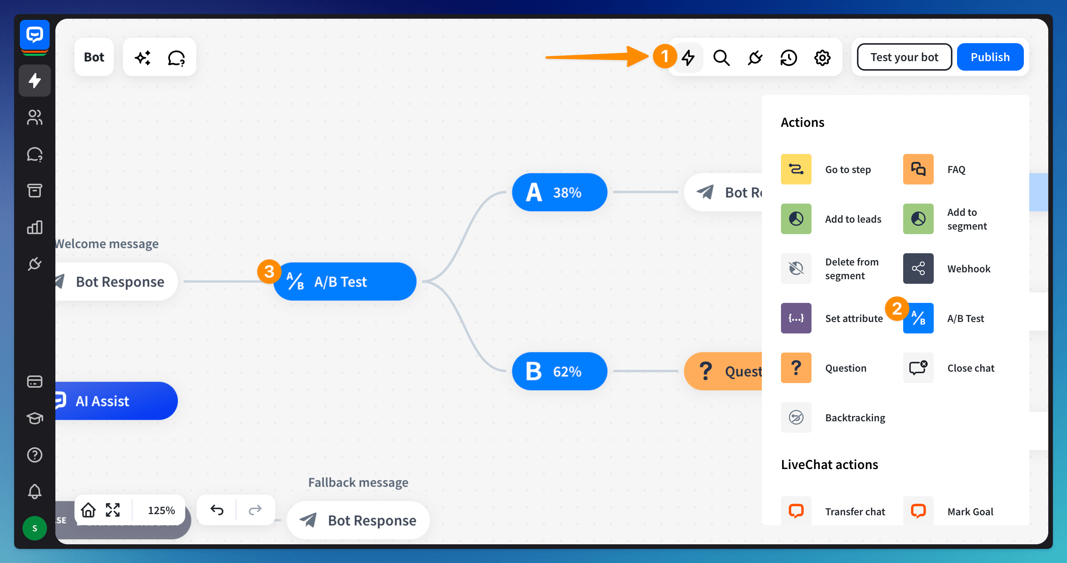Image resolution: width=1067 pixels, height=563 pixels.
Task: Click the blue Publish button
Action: pos(989,57)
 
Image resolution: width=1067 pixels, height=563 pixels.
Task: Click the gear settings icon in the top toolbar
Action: pos(822,58)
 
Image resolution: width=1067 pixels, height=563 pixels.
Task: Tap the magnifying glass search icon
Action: pos(721,58)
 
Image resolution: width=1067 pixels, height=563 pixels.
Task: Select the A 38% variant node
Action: pos(559,192)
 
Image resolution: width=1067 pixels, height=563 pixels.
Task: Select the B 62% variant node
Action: pos(559,371)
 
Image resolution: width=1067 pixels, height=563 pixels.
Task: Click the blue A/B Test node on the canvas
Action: pos(344,282)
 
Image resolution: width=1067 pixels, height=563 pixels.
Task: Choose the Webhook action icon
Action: pos(918,269)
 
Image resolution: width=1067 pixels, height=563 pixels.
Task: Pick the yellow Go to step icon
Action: pos(796,169)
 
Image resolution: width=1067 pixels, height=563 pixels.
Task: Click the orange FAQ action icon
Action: pos(918,169)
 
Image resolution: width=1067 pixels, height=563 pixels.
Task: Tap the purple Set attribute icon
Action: pos(796,318)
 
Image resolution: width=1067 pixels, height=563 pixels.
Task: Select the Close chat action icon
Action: pos(918,368)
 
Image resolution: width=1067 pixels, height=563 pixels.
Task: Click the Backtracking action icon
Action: pos(796,417)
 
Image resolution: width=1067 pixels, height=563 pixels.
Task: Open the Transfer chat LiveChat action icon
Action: pos(796,511)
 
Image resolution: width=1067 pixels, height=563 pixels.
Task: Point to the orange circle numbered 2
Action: pos(897,309)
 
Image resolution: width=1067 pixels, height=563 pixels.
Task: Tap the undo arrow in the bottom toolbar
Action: pos(217,510)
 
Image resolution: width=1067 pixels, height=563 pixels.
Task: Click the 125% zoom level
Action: pos(161,510)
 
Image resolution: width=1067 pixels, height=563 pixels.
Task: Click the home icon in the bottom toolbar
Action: pos(88,510)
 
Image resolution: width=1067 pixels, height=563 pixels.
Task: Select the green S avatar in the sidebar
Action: pos(34,528)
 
